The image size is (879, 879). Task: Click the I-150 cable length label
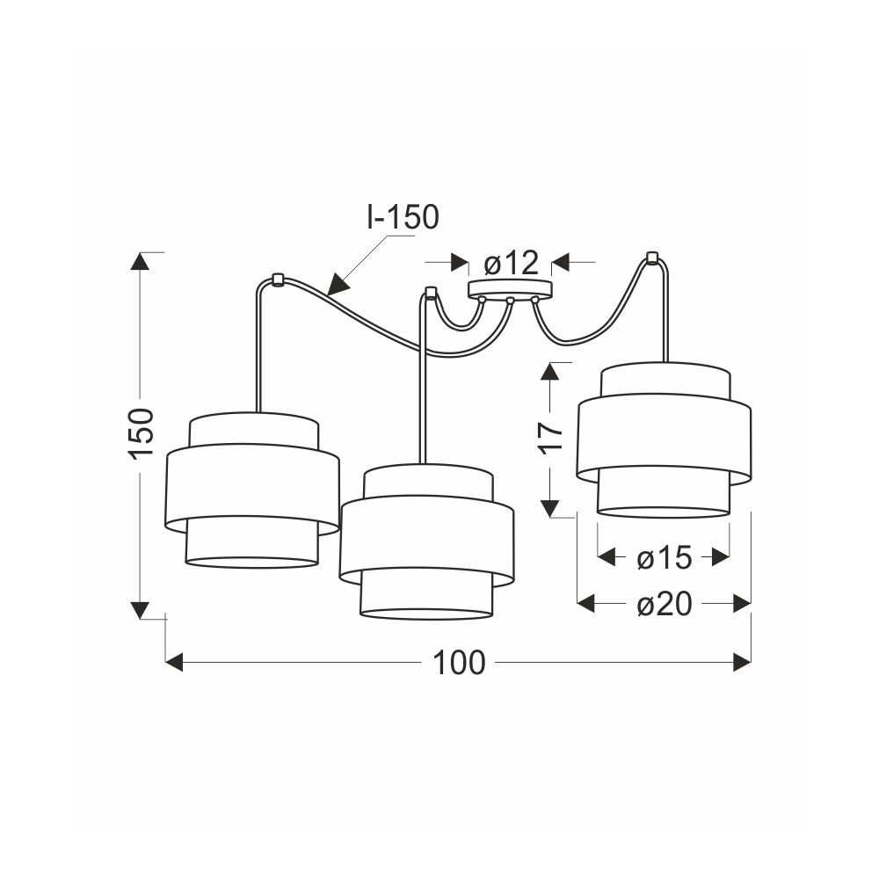click(x=403, y=217)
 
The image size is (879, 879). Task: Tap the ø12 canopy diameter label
click(x=511, y=262)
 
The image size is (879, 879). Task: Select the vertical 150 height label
click(x=142, y=432)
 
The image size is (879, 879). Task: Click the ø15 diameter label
click(x=665, y=558)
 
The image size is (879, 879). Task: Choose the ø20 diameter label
click(x=665, y=605)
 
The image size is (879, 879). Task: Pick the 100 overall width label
click(x=459, y=663)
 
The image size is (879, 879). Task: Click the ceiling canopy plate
click(x=510, y=289)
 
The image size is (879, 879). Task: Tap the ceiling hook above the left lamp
click(x=276, y=280)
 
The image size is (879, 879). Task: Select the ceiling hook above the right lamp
click(x=651, y=258)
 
